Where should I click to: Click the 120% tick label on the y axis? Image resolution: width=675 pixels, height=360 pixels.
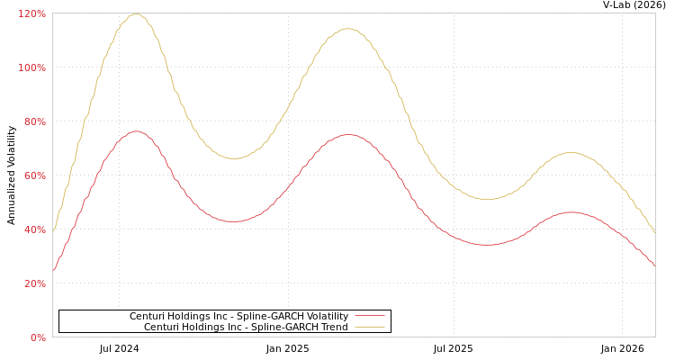pyautogui.click(x=32, y=13)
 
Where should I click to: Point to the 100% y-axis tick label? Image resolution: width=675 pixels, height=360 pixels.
pyautogui.click(x=32, y=67)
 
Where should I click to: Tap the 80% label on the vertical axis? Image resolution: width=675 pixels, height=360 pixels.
pyautogui.click(x=34, y=121)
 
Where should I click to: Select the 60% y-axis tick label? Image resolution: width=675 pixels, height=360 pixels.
pyautogui.click(x=34, y=175)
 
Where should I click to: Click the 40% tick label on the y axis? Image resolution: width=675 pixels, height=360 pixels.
pyautogui.click(x=34, y=229)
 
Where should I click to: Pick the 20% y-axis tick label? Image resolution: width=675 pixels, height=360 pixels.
pyautogui.click(x=34, y=283)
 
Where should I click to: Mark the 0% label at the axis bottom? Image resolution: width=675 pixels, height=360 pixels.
pyautogui.click(x=38, y=337)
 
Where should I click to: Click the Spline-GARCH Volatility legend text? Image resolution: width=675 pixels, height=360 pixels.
pyautogui.click(x=238, y=316)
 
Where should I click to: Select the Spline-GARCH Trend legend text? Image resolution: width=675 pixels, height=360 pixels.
pyautogui.click(x=246, y=327)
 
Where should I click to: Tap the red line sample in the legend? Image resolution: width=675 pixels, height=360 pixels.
pyautogui.click(x=369, y=316)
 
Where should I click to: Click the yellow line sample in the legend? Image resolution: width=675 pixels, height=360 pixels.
pyautogui.click(x=369, y=327)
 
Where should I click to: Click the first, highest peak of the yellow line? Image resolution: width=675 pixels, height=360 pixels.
pyautogui.click(x=135, y=13)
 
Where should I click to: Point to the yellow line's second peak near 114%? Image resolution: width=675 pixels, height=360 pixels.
pyautogui.click(x=347, y=29)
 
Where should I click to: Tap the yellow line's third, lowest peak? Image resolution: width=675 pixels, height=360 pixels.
pyautogui.click(x=570, y=153)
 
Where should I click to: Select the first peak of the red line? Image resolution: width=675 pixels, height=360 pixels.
pyautogui.click(x=135, y=131)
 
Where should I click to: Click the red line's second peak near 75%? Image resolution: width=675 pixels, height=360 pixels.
pyautogui.click(x=347, y=135)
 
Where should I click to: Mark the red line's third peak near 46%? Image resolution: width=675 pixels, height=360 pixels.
pyautogui.click(x=571, y=212)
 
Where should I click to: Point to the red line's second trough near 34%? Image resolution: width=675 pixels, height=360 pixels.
pyautogui.click(x=486, y=245)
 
